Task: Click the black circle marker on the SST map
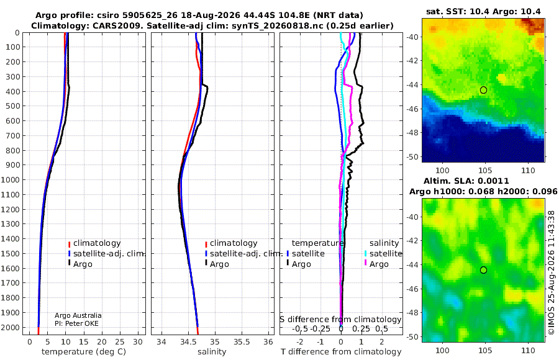[x=483, y=90]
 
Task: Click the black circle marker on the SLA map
[x=483, y=270]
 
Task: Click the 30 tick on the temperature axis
[x=138, y=342]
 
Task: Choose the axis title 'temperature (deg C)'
[x=84, y=352]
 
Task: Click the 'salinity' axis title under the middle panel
[x=212, y=352]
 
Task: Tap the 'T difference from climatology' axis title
[x=341, y=352]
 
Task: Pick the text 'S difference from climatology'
[x=340, y=320]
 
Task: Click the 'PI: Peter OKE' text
[x=76, y=323]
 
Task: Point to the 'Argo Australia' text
[x=78, y=315]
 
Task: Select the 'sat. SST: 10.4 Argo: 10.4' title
[x=483, y=12]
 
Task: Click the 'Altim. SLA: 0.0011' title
[x=466, y=181]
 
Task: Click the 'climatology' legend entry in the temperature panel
[x=94, y=243]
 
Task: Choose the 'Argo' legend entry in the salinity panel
[x=216, y=264]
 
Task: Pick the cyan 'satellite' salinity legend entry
[x=383, y=253]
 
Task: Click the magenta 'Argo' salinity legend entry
[x=376, y=264]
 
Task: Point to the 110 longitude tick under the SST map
[x=528, y=170]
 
